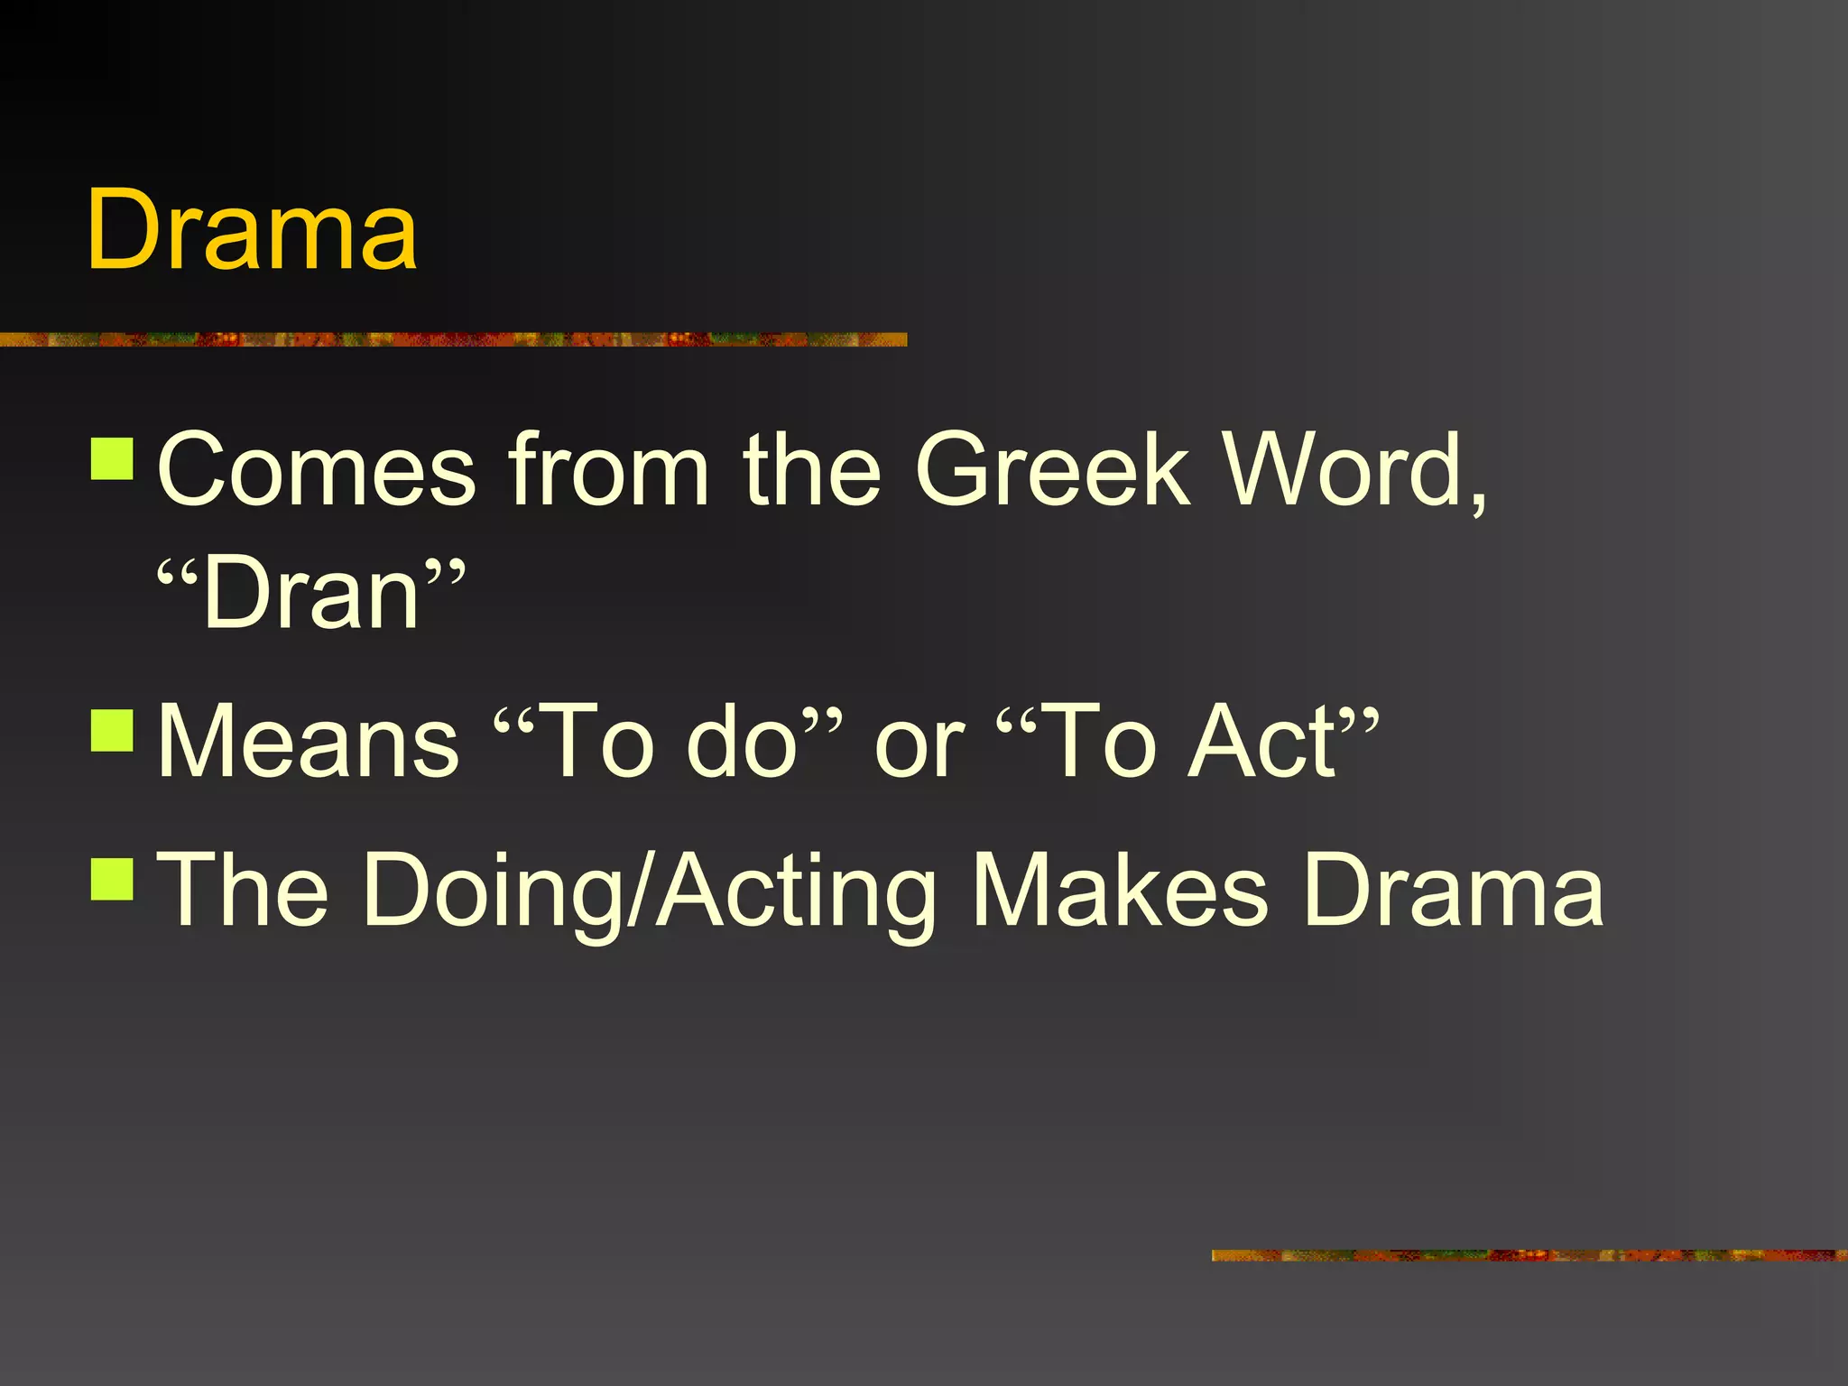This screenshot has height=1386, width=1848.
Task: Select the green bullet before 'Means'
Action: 113,731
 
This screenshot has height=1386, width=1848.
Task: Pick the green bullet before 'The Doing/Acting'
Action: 113,879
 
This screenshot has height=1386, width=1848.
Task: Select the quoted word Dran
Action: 311,594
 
